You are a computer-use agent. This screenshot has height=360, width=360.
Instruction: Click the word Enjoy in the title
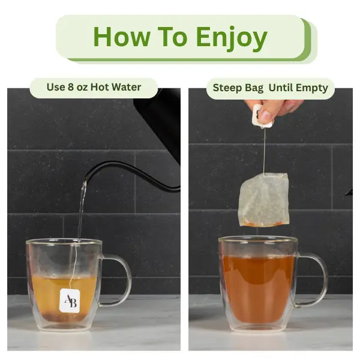tap(232, 38)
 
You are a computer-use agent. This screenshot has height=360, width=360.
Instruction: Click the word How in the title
tap(122, 37)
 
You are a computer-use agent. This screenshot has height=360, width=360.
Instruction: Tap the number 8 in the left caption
tap(71, 87)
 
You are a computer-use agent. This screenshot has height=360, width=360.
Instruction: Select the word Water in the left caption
tap(127, 87)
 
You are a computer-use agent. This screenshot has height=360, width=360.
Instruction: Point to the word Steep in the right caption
tap(226, 88)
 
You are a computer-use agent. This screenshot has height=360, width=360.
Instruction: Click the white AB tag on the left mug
tap(70, 301)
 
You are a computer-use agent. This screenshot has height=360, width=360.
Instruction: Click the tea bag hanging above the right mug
tap(263, 200)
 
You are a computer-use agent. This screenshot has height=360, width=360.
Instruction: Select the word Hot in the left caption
tap(100, 87)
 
